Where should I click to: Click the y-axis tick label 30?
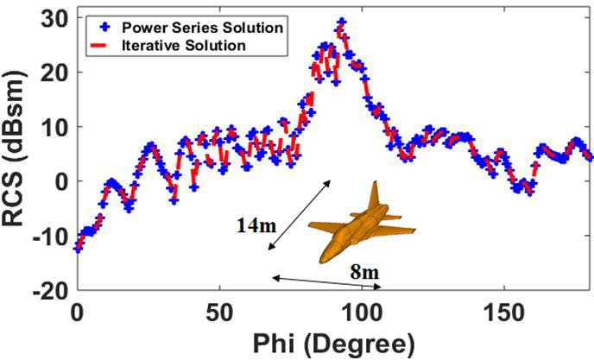pyautogui.click(x=54, y=18)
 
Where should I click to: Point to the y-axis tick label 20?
pyautogui.click(x=54, y=73)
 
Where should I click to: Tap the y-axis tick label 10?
pyautogui.click(x=54, y=127)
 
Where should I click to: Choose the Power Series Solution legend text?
pyautogui.click(x=205, y=27)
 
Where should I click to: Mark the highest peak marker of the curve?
pyautogui.click(x=342, y=22)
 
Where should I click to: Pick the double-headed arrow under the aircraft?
pyautogui.click(x=326, y=283)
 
